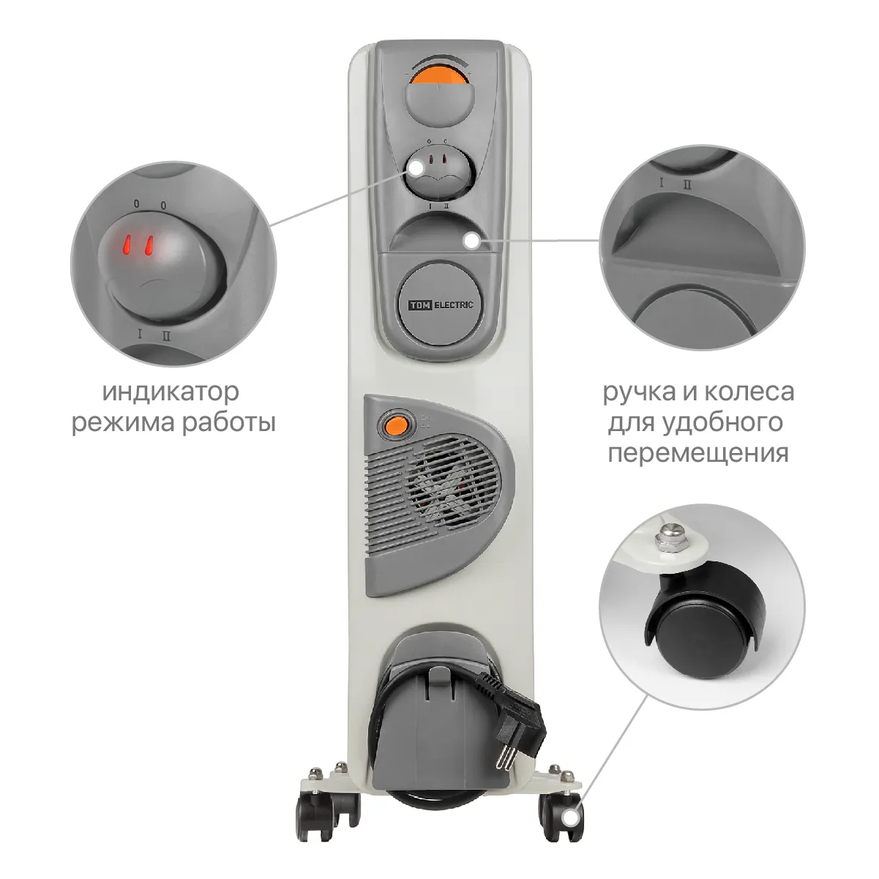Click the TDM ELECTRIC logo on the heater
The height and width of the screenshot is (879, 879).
[440, 304]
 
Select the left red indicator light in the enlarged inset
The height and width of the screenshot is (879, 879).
[128, 246]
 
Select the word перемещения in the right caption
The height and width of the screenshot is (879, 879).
[698, 454]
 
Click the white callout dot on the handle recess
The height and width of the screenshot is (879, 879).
[472, 242]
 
